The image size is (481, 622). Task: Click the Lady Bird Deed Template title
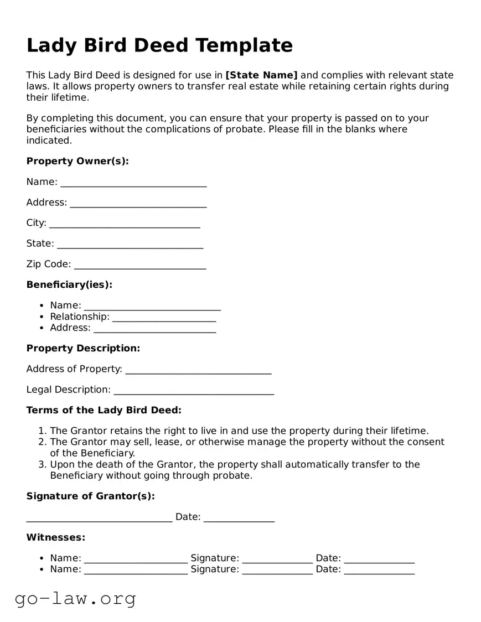tap(159, 45)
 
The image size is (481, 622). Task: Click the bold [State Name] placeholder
tap(261, 75)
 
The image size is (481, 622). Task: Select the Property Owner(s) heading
tap(77, 161)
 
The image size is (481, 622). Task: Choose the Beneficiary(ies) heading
tap(69, 284)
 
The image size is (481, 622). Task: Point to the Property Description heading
tap(83, 348)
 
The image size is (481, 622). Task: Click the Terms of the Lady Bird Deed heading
tap(104, 410)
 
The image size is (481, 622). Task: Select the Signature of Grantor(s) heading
tap(90, 496)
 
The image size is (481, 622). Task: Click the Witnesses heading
tap(56, 537)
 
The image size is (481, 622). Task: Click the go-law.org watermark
tap(75, 598)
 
